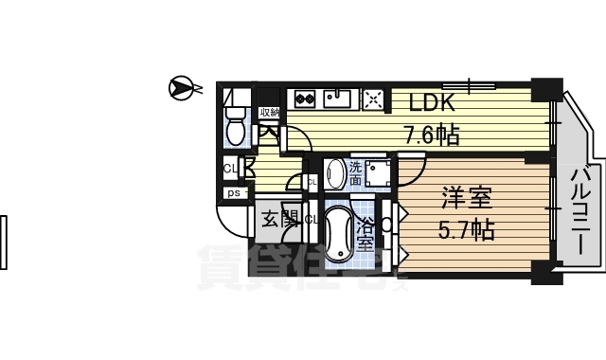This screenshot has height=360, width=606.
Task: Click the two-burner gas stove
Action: click(x=306, y=97)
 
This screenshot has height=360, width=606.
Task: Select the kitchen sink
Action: click(x=338, y=97)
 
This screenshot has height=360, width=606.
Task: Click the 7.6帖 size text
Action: click(x=432, y=134)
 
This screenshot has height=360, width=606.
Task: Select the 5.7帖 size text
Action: click(x=465, y=229)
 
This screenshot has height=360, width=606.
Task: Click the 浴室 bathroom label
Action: click(x=366, y=232)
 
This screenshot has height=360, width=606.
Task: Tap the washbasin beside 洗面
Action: click(x=334, y=173)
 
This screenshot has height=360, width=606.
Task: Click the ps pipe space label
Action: click(x=232, y=193)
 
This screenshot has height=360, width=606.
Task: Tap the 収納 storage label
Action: click(x=269, y=114)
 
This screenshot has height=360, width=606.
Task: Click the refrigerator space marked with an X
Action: click(x=371, y=97)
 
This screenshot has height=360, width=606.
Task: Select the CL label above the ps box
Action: click(x=229, y=169)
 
